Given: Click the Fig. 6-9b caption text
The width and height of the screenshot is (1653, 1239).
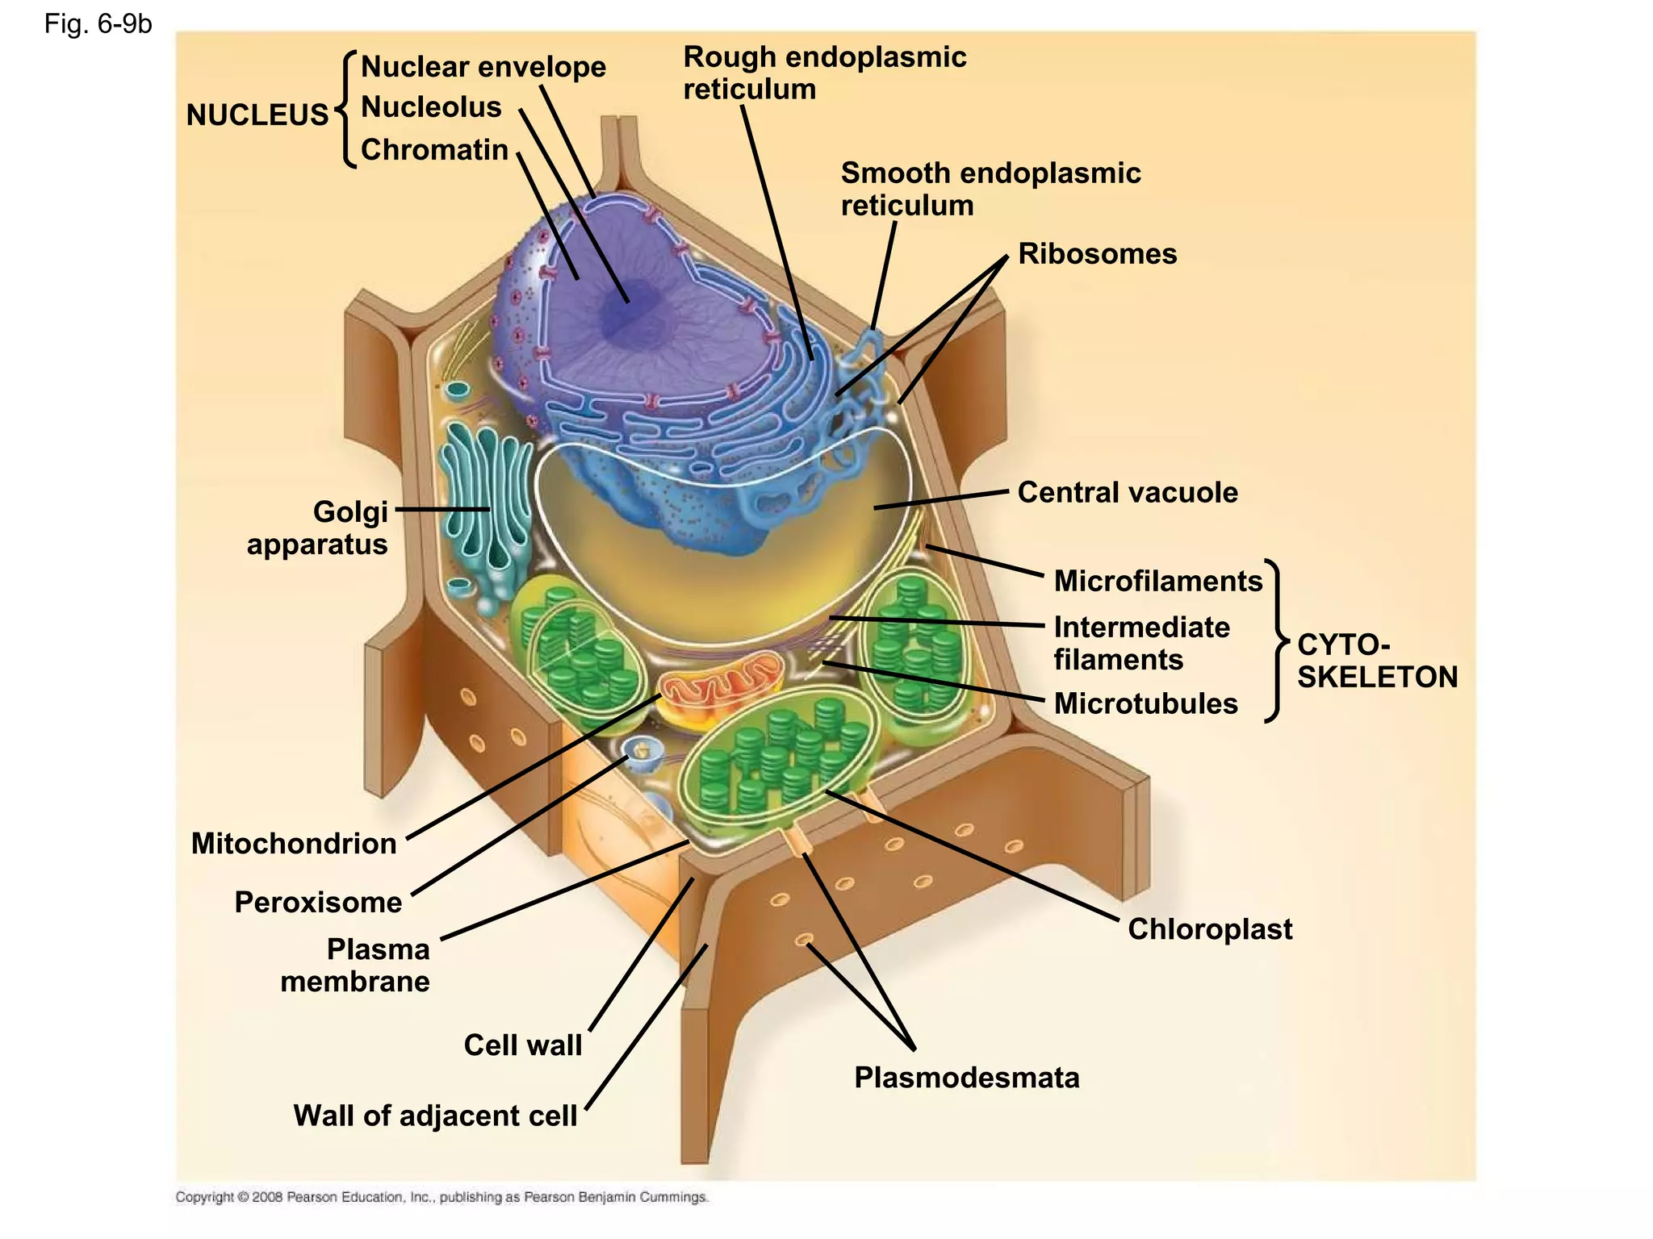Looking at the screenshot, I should pos(98,24).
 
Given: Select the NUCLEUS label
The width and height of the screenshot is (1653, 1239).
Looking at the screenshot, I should pos(257,115).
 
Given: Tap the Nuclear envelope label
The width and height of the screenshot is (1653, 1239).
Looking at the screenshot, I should pos(483,66).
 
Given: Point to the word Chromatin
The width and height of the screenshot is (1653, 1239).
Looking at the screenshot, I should pos(434,150).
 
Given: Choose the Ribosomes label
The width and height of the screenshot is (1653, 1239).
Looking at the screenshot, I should pos(1097,254).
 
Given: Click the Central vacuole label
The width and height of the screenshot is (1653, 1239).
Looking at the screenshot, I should pos(1127,492).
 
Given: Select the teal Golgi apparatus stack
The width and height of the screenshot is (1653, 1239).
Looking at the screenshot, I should pos(484,508).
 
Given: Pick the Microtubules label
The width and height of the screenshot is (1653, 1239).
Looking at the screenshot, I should pos(1145,703).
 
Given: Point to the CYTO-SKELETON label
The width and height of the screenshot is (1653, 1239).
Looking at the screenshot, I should pos(1376,661).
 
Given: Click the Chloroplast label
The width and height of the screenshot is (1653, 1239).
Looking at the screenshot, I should pos(1209,929).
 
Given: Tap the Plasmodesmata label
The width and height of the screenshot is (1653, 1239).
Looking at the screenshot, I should pos(966,1078).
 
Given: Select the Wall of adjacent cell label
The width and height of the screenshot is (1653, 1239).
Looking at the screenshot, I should pos(435,1116).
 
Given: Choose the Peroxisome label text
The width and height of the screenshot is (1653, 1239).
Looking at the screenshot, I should pos(318,902).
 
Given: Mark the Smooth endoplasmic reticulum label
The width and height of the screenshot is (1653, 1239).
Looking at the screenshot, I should pos(990,189).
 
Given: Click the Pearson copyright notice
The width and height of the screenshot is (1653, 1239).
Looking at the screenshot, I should pos(441,1197).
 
